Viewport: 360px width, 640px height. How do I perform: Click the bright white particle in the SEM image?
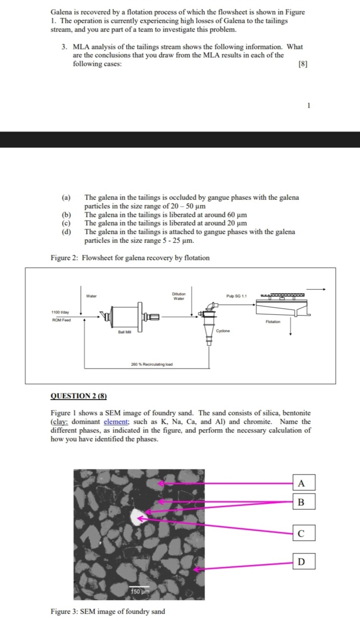[x=135, y=517]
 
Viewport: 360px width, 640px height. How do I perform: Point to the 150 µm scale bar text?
[x=139, y=592]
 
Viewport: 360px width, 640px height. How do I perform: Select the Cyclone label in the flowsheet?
[x=223, y=331]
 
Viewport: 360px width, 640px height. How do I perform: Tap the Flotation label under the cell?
[x=273, y=321]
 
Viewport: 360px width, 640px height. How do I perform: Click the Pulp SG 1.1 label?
[x=236, y=296]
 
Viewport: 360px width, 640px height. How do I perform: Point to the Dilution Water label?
[x=179, y=296]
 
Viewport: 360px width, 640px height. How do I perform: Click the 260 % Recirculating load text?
[x=151, y=364]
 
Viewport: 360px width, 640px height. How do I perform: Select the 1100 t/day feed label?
[x=60, y=312]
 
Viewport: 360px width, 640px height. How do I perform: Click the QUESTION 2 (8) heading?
[x=79, y=396]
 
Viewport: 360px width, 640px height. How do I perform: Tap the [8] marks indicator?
[x=303, y=64]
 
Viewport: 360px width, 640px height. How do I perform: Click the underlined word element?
[x=113, y=422]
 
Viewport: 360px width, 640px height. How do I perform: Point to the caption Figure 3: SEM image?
[x=108, y=611]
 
